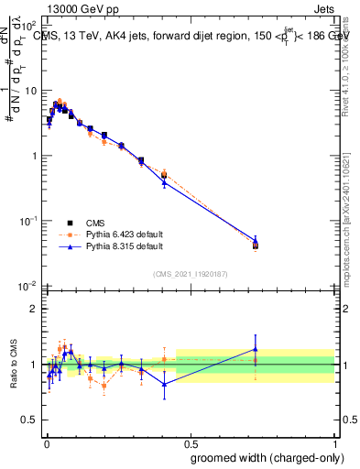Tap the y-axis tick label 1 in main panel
click(33, 156)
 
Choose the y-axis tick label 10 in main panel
click(28, 91)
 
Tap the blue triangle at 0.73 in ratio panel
click(256, 349)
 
